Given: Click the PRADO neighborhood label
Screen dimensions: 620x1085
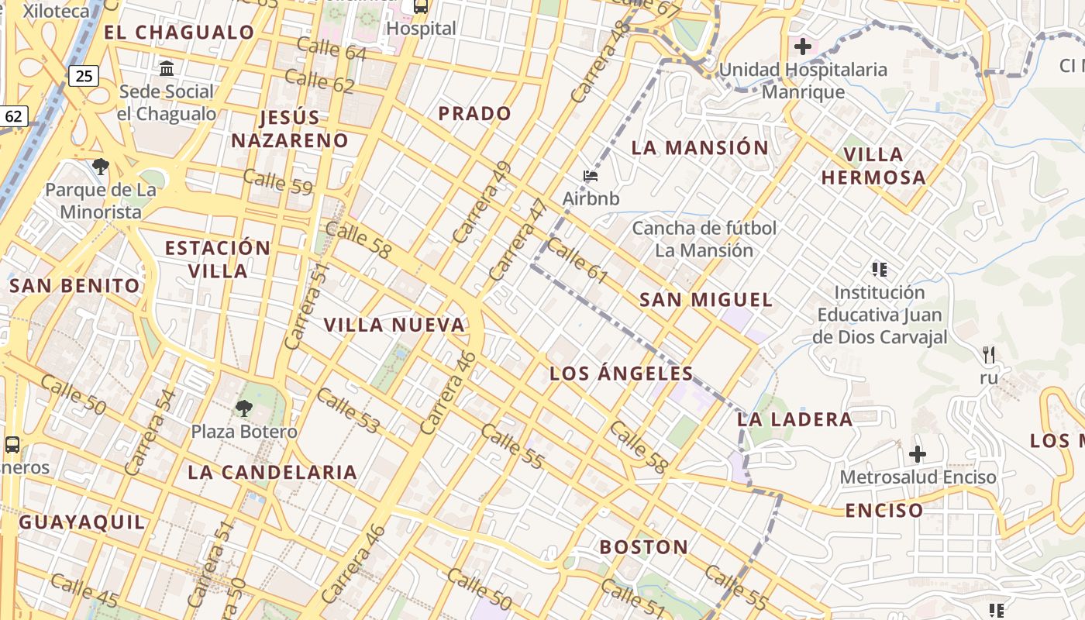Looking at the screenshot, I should [475, 114].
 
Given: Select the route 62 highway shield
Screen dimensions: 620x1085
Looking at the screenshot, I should [14, 116].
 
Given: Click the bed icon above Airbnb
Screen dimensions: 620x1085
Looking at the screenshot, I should [591, 177].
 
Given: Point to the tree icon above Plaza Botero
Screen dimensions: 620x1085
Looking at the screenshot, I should [244, 408].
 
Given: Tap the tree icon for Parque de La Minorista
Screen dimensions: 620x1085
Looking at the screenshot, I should [100, 166].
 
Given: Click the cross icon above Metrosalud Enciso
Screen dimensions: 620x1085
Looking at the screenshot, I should [918, 453].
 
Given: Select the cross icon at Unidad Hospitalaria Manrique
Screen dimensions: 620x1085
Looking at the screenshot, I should [803, 46].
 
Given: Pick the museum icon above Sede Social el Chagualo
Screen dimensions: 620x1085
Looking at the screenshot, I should [167, 69].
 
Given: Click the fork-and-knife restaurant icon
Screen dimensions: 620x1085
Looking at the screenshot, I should [988, 355].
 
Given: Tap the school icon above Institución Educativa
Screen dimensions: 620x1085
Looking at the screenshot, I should [880, 270].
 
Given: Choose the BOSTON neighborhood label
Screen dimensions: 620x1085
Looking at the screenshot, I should [644, 547].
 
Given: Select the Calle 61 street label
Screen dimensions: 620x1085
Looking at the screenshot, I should [577, 261].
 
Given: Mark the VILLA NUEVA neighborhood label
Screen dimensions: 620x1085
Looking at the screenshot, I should [394, 325].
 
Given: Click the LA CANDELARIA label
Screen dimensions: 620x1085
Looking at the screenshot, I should [272, 472].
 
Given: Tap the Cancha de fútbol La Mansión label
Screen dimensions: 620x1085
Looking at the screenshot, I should [704, 239].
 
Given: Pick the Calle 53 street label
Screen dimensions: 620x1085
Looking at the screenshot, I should [349, 410].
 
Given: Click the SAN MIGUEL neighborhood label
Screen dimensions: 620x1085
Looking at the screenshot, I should [706, 300].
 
